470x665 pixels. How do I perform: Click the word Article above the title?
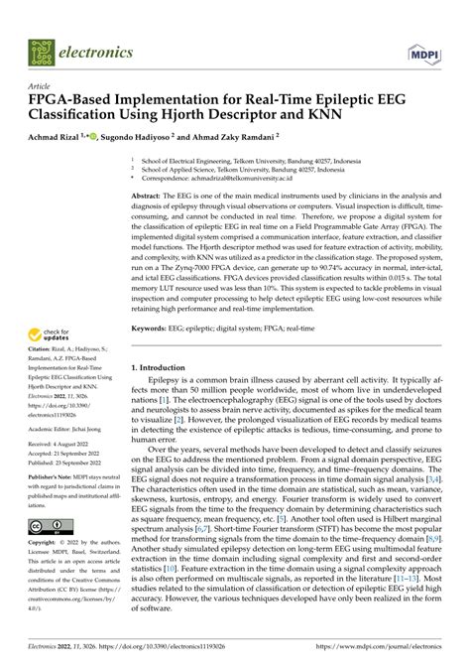[x=41, y=86]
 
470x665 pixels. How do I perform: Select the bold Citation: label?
[x=43, y=362]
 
